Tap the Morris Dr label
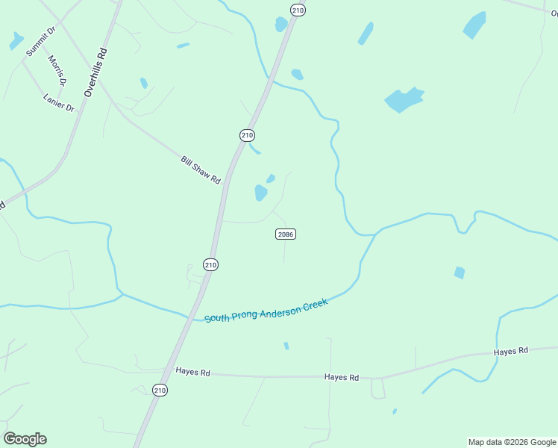pos(57,70)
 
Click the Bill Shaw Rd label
pos(201,170)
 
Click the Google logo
pos(25,439)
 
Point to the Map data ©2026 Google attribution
pos(512,442)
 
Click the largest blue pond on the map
pos(404,99)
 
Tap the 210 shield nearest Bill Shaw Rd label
pos(248,135)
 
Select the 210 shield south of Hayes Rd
pos(160,390)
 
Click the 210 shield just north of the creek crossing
pos(210,264)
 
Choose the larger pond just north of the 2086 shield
pos(260,193)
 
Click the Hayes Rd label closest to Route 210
pos(193,371)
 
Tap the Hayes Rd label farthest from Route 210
pos(511,350)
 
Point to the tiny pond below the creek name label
pos(286,346)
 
